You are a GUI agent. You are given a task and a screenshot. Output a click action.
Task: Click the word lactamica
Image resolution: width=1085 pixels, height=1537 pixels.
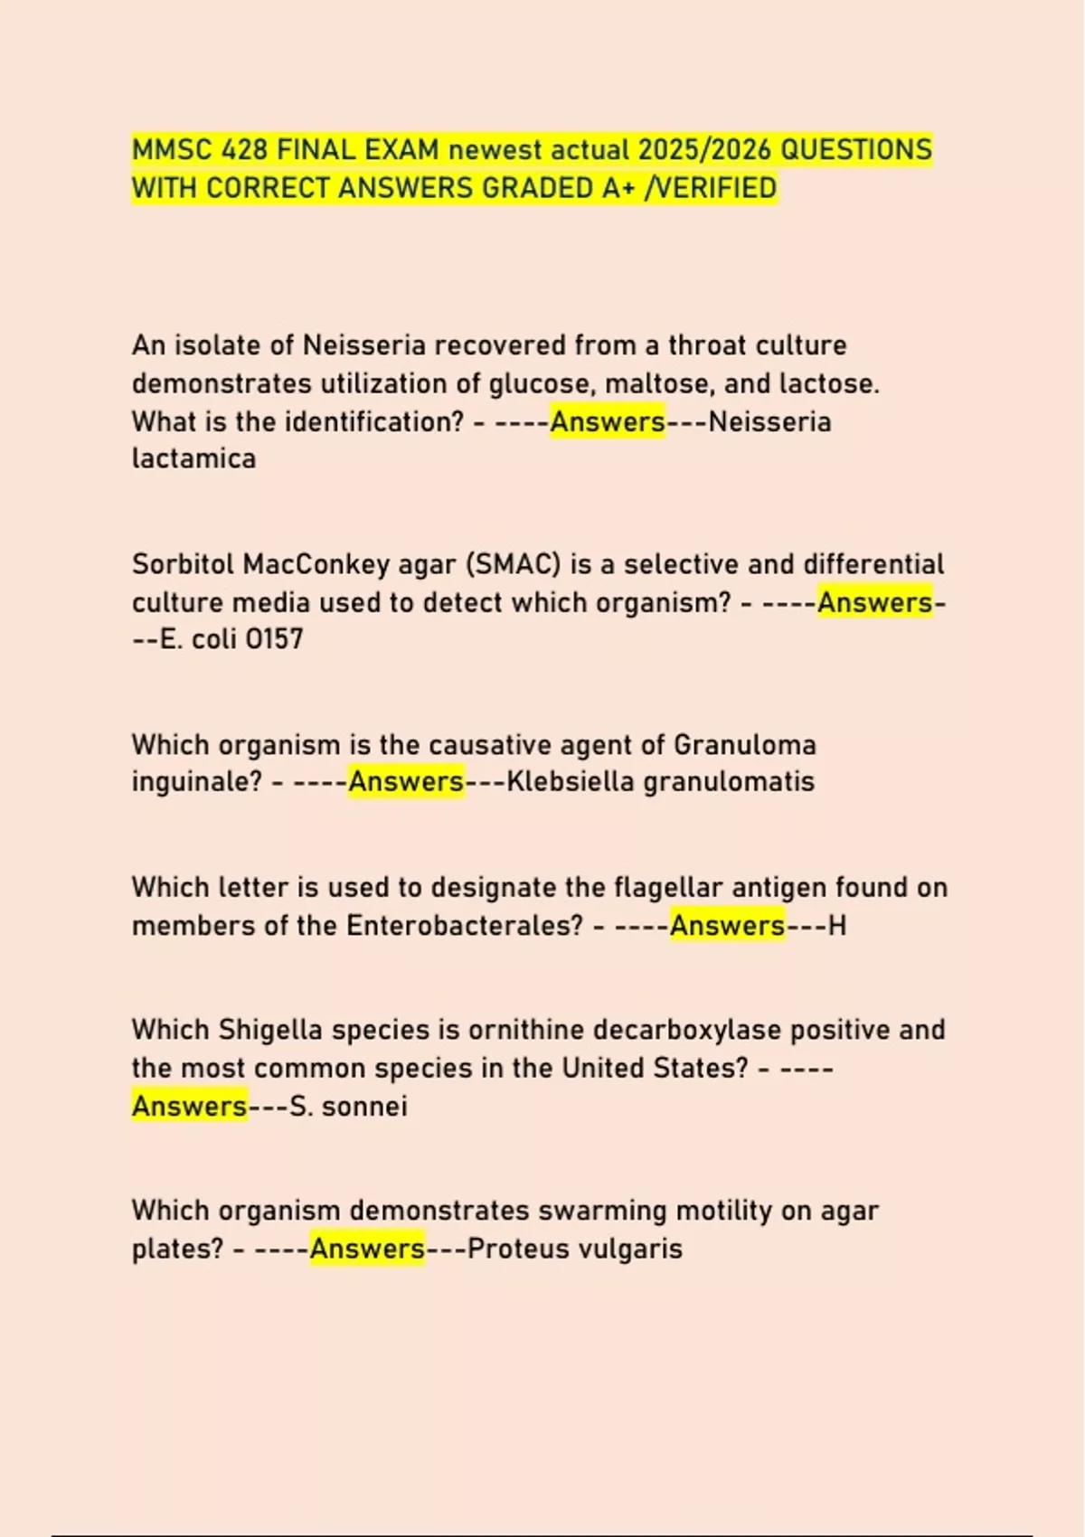coord(193,459)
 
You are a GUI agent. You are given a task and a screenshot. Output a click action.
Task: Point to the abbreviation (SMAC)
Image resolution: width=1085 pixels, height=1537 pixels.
coord(514,564)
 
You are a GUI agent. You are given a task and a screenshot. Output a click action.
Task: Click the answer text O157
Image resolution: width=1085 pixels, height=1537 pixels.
coord(275,639)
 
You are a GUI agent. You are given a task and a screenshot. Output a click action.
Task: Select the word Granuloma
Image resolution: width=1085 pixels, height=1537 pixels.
coord(745,745)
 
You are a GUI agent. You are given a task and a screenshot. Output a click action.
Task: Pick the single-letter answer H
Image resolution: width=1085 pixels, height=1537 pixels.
coord(837,926)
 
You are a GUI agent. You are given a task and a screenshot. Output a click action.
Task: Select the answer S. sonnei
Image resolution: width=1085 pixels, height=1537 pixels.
coord(348,1107)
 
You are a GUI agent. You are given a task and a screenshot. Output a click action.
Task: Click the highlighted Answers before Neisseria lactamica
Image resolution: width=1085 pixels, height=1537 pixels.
coord(608,422)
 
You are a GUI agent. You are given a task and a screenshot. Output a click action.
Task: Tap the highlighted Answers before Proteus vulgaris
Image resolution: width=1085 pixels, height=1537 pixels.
coord(367,1249)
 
